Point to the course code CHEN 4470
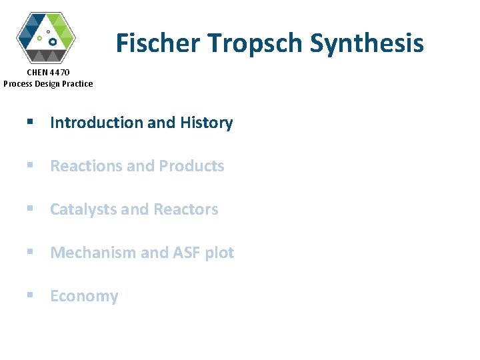pos(48,72)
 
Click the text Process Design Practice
pos(48,83)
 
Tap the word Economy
pos(84,296)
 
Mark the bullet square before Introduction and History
pos(29,123)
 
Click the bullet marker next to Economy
pos(29,296)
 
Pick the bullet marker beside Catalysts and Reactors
pos(29,209)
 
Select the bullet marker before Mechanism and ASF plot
pos(29,253)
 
